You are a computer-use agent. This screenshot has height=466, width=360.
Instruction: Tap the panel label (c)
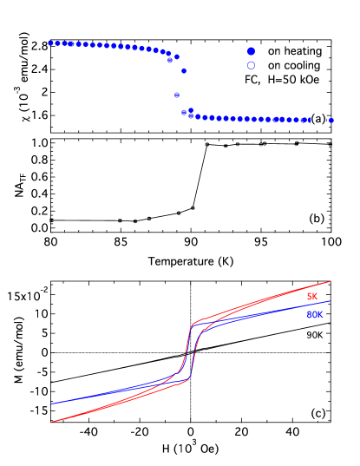click(317, 414)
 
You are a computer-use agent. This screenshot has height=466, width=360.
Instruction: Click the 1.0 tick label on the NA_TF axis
click(37, 143)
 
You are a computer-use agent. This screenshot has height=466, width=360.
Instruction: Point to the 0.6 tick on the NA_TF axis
click(37, 177)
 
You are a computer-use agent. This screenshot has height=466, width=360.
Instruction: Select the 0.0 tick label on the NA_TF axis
click(37, 227)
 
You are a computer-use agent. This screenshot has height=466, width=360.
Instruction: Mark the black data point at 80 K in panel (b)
click(51, 220)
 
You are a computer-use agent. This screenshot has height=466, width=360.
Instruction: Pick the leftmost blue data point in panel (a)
click(50, 42)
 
